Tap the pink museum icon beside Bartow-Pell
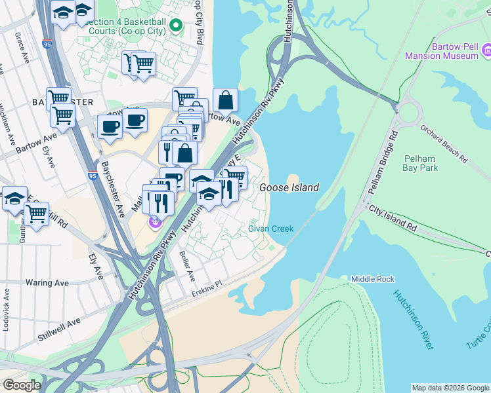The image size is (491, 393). [x=486, y=50]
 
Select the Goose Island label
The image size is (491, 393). [x=289, y=187]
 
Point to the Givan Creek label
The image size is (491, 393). [x=270, y=229]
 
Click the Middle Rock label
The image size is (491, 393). [x=372, y=279]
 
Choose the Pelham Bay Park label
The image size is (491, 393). [x=421, y=163]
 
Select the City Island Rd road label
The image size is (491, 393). [x=393, y=219]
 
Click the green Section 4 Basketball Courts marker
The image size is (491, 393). [x=175, y=26]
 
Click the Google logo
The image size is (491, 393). [x=22, y=385]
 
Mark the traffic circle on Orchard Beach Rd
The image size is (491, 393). [x=408, y=113]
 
